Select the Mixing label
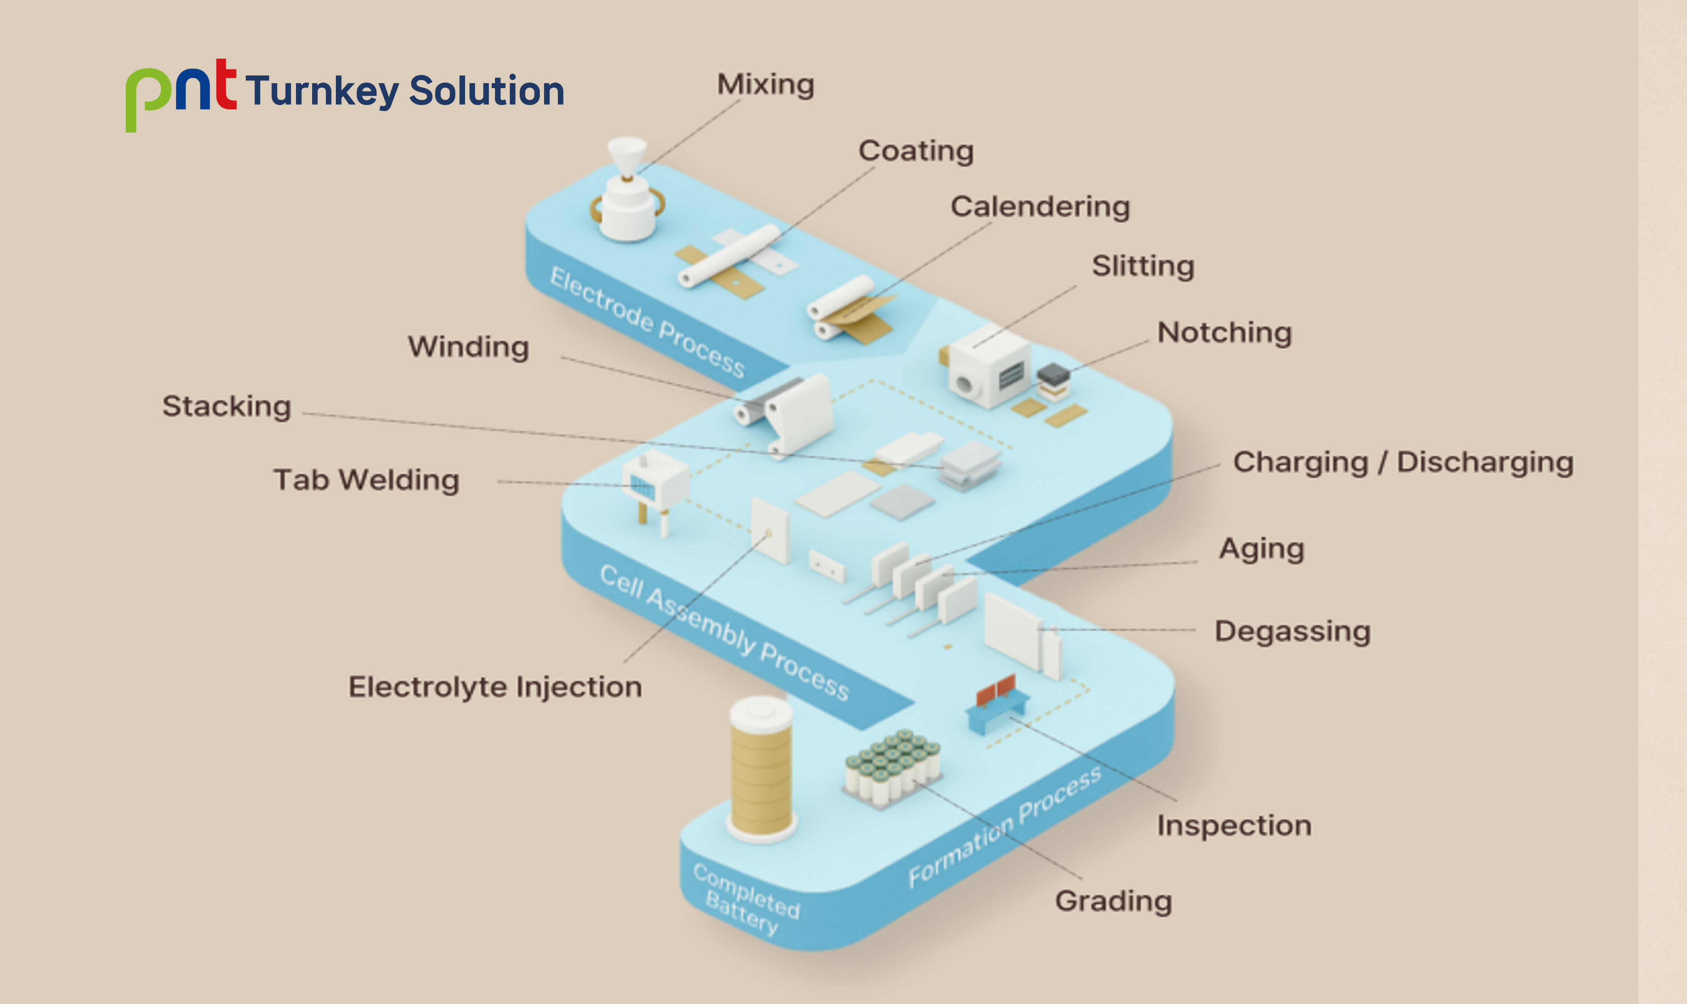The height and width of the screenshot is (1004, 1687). point(765,85)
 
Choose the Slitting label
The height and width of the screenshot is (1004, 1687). point(1143,266)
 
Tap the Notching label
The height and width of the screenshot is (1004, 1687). point(1224,333)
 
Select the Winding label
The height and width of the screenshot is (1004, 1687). point(468,347)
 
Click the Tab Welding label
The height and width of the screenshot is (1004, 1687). point(366,481)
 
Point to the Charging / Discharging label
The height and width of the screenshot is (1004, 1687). point(1403,463)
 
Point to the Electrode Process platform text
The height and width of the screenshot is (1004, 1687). point(647,322)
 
